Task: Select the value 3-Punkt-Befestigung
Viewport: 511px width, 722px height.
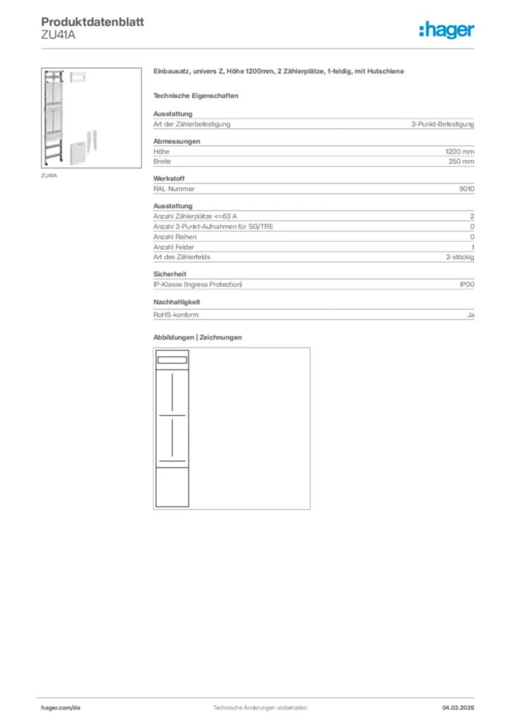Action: click(443, 124)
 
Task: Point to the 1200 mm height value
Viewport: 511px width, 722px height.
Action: click(459, 152)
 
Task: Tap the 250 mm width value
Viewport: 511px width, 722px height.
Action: click(461, 161)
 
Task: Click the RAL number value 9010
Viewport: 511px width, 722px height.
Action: click(467, 189)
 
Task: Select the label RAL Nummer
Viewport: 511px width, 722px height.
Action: click(174, 189)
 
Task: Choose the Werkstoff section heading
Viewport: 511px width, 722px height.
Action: click(169, 178)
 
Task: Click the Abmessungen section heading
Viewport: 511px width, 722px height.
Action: click(176, 141)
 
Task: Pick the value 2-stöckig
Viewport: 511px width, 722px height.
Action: click(459, 257)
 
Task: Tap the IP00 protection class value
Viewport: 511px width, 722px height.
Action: click(467, 284)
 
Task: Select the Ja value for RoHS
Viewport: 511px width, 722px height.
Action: click(470, 316)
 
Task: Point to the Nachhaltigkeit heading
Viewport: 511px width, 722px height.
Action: click(176, 302)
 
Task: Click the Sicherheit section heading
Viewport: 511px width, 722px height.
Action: click(169, 274)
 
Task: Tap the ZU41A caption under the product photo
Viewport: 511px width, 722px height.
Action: click(49, 176)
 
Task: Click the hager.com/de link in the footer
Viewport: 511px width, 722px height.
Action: click(61, 707)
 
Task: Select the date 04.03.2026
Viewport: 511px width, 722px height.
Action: click(458, 707)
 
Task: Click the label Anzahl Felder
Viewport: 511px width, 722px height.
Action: click(174, 247)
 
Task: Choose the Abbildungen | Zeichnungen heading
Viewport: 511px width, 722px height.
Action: click(197, 337)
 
